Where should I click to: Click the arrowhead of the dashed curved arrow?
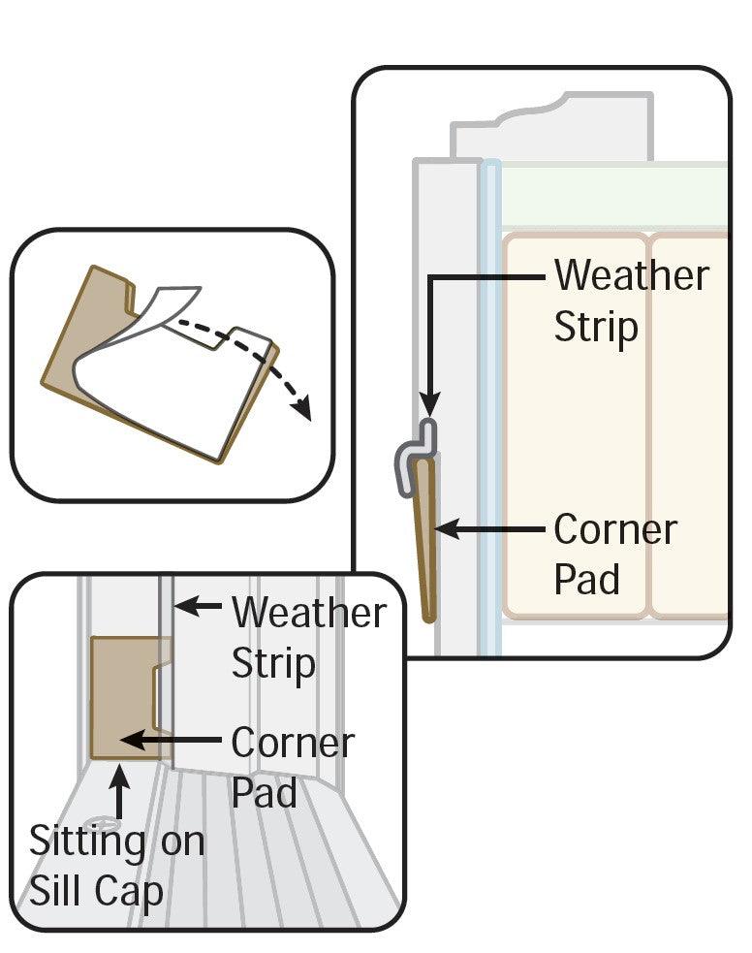(304, 410)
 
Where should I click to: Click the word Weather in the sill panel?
(308, 614)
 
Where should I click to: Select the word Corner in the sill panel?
(293, 744)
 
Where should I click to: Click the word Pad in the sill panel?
(264, 793)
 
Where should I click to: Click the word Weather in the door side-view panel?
(631, 277)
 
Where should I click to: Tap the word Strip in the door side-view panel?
(596, 328)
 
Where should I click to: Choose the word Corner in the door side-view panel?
(615, 530)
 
